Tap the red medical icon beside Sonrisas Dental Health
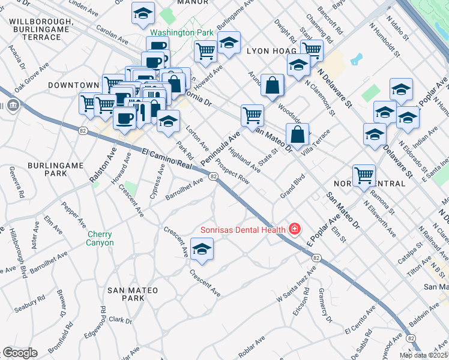295,229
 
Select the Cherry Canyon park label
100,238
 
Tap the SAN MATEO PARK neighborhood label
125,294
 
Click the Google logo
20,353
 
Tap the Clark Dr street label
121,320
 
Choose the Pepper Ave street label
70,212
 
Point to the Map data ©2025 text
423,355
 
